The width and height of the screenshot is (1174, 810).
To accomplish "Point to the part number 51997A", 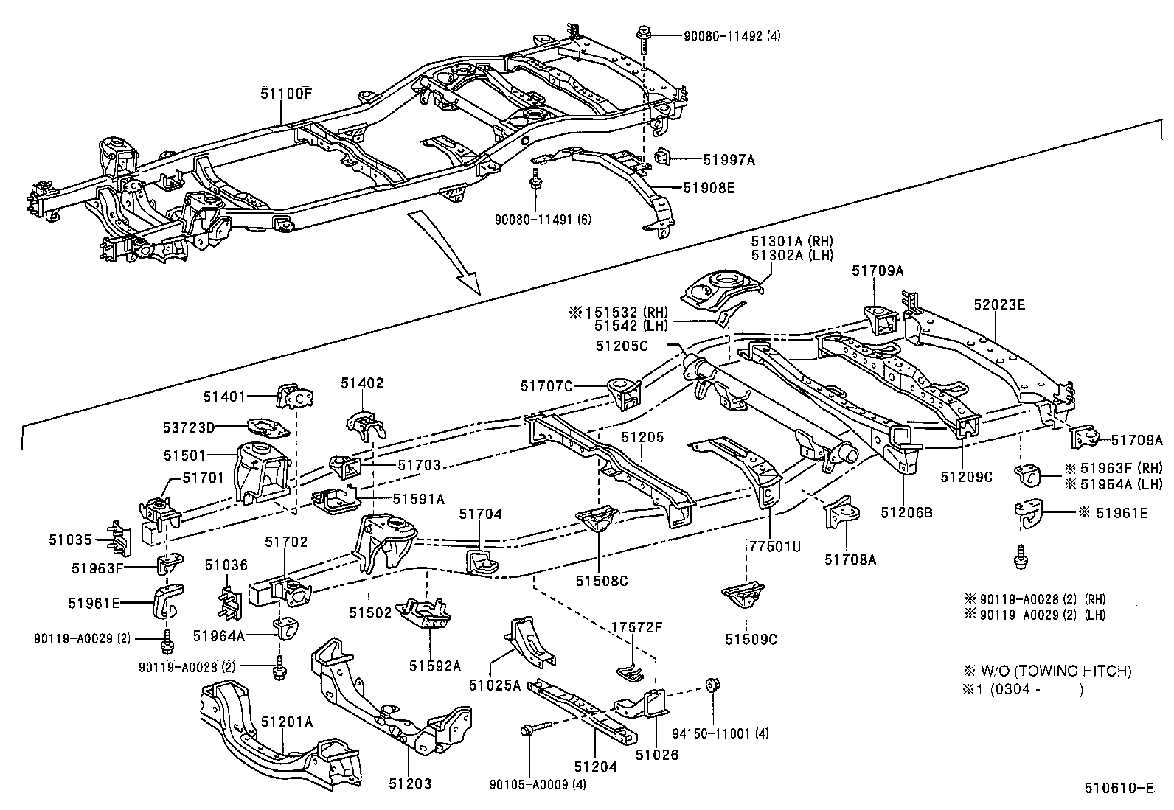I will pyautogui.click(x=729, y=159).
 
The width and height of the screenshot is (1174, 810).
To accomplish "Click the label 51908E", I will pyautogui.click(x=709, y=188).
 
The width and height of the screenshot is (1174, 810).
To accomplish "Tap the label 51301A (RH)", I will pyautogui.click(x=792, y=241).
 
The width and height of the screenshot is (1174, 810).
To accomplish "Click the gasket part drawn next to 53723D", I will pyautogui.click(x=267, y=427).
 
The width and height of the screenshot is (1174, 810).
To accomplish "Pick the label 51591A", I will pyautogui.click(x=418, y=499).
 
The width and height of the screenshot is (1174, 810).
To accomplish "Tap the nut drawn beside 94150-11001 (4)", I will pyautogui.click(x=712, y=685).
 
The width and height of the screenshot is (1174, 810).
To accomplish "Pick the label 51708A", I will pyautogui.click(x=850, y=559).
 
